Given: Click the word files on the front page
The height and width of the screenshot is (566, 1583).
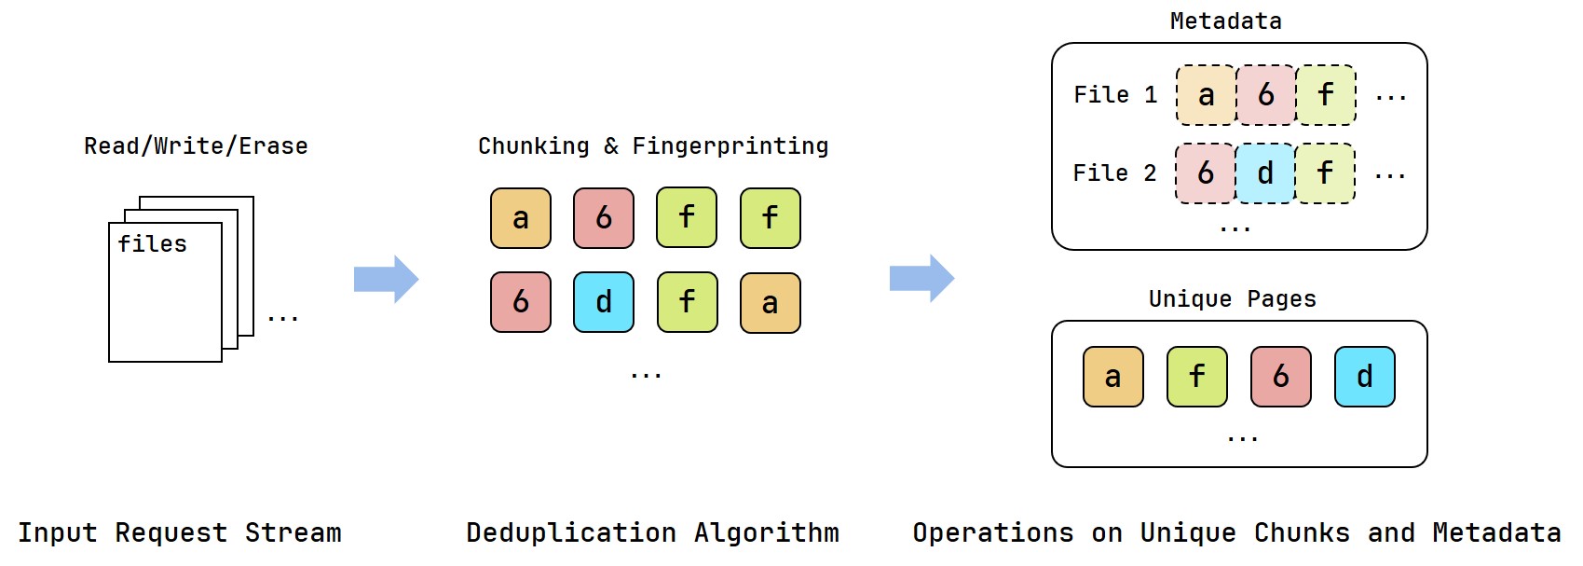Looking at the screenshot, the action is click(x=152, y=243).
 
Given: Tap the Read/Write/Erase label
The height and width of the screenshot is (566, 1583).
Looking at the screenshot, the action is click(x=196, y=145).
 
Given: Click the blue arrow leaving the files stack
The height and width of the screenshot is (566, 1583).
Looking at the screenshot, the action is click(x=386, y=280).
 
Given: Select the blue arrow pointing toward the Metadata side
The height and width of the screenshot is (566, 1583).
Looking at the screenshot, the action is click(x=921, y=278).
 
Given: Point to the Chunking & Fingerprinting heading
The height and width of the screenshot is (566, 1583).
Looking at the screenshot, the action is click(x=653, y=145).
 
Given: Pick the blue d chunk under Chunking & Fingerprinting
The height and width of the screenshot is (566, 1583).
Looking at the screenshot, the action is click(x=604, y=302).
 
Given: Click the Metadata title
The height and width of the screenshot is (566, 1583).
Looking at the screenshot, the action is click(x=1225, y=21).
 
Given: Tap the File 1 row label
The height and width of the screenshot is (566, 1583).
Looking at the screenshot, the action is click(x=1115, y=95).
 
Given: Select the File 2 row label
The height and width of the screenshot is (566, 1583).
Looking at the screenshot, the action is click(x=1114, y=173).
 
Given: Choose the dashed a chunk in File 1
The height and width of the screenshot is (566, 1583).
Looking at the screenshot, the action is click(x=1207, y=95).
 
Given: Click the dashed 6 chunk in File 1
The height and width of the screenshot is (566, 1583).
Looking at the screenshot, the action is click(x=1265, y=95).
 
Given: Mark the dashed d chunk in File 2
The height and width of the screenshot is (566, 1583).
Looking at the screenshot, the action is click(x=1265, y=173).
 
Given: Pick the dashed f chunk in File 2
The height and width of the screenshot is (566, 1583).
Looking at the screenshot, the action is click(x=1325, y=173).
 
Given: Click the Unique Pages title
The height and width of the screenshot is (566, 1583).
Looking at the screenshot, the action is click(x=1233, y=298).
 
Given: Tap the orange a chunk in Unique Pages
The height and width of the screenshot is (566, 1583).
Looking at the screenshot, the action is click(x=1113, y=377).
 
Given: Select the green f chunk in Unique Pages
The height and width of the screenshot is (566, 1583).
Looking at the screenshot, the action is click(x=1196, y=377).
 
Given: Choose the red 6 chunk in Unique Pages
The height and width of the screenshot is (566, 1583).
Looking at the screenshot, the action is click(x=1280, y=377).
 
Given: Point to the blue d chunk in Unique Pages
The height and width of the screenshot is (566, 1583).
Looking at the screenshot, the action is click(x=1365, y=377).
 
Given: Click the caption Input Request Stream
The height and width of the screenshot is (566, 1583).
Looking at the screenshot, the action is click(x=180, y=532).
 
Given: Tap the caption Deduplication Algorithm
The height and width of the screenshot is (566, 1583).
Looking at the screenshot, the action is click(x=653, y=532).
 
